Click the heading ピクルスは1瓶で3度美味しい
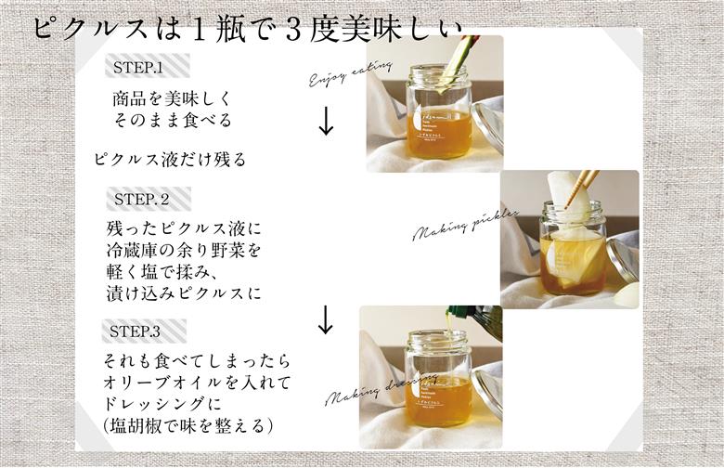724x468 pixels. click(246, 26)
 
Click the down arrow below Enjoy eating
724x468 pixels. click(326, 122)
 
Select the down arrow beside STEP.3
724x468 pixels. click(325, 320)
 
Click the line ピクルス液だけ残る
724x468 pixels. click(170, 159)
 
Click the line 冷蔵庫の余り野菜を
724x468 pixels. click(185, 251)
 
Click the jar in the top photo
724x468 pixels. click(438, 113)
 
